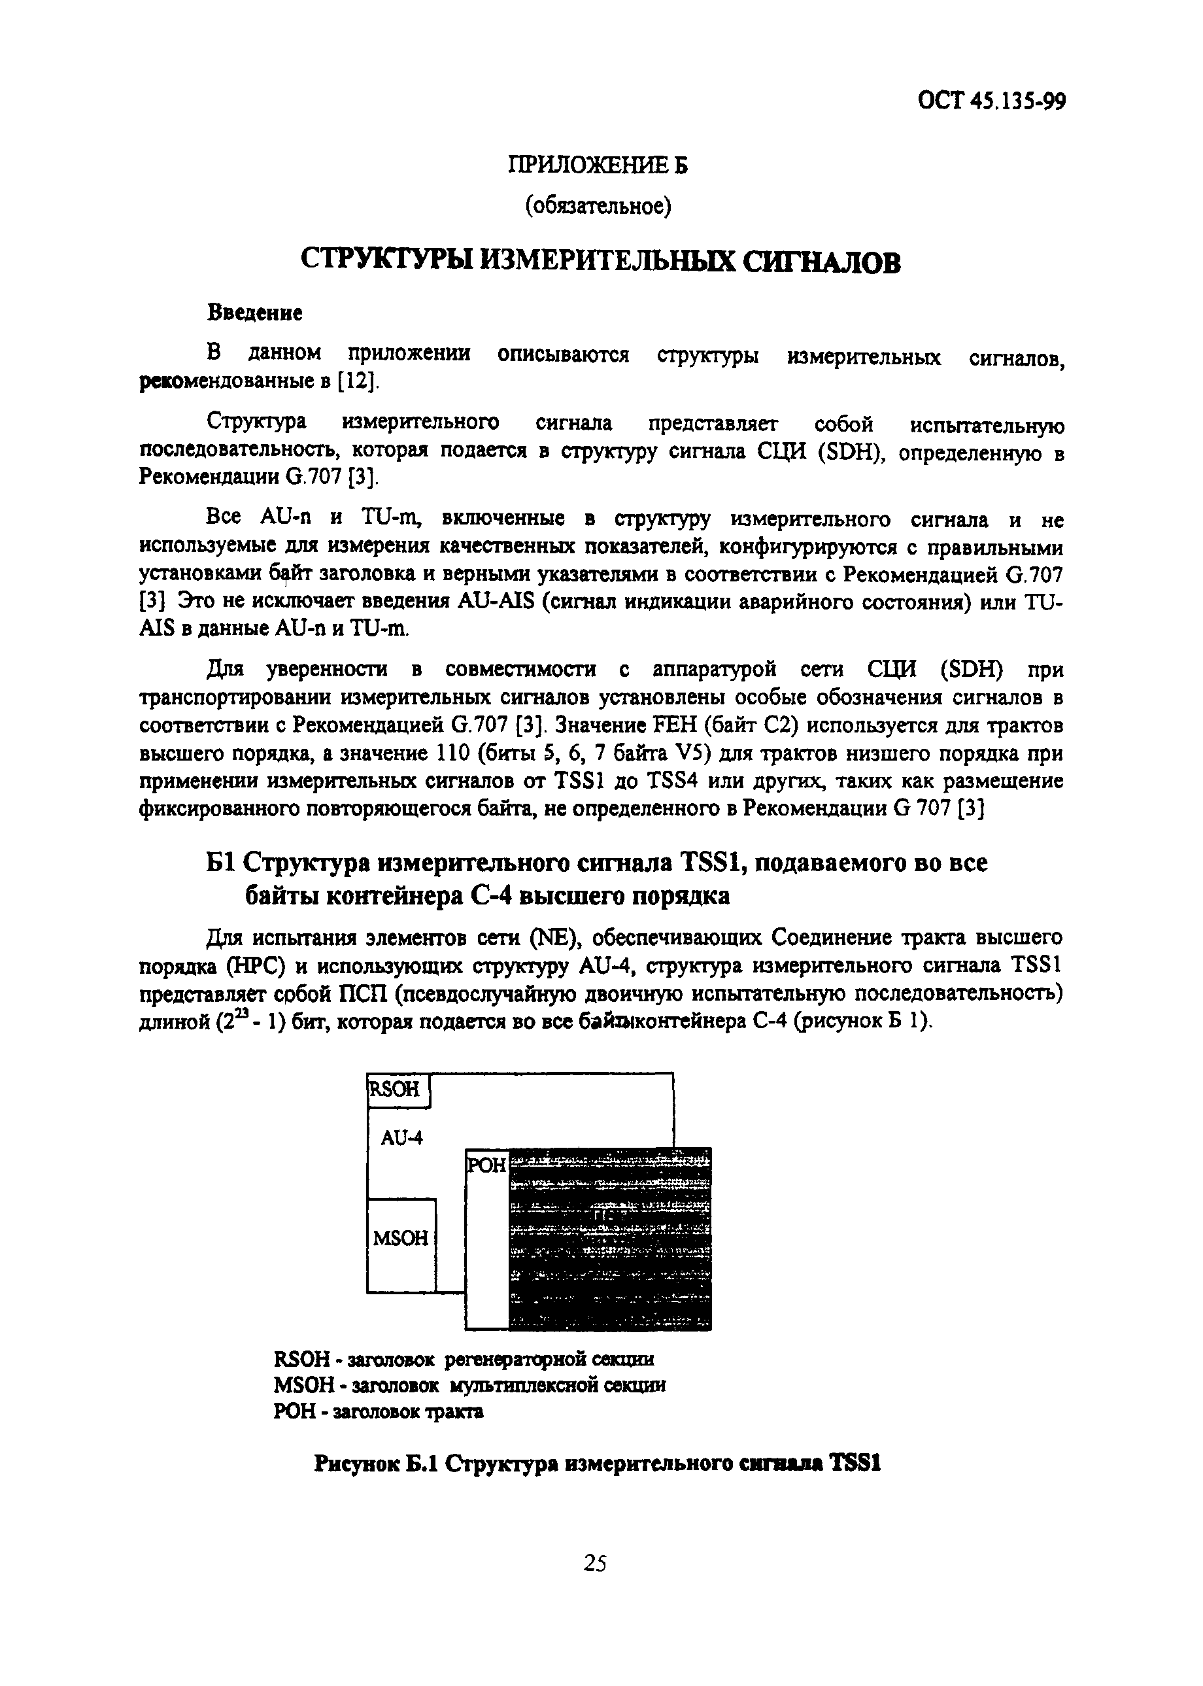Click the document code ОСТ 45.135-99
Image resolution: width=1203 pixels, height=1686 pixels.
991,101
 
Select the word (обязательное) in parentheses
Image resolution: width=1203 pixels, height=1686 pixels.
598,207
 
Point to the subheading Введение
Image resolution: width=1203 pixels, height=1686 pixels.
254,313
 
